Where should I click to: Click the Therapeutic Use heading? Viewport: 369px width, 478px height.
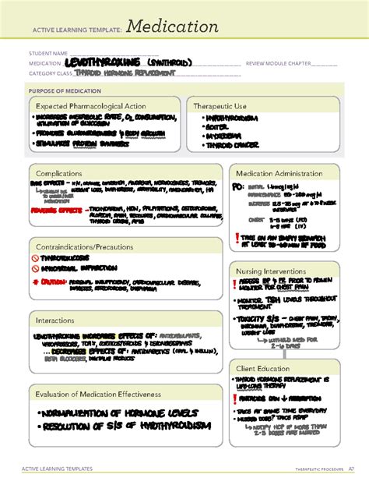click(x=225, y=105)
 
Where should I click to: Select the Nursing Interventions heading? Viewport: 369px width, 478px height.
click(x=272, y=272)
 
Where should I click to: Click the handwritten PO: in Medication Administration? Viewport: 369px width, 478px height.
click(x=238, y=188)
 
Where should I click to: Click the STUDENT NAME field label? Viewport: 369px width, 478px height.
click(x=49, y=54)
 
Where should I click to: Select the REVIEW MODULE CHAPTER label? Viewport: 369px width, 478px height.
click(x=280, y=63)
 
